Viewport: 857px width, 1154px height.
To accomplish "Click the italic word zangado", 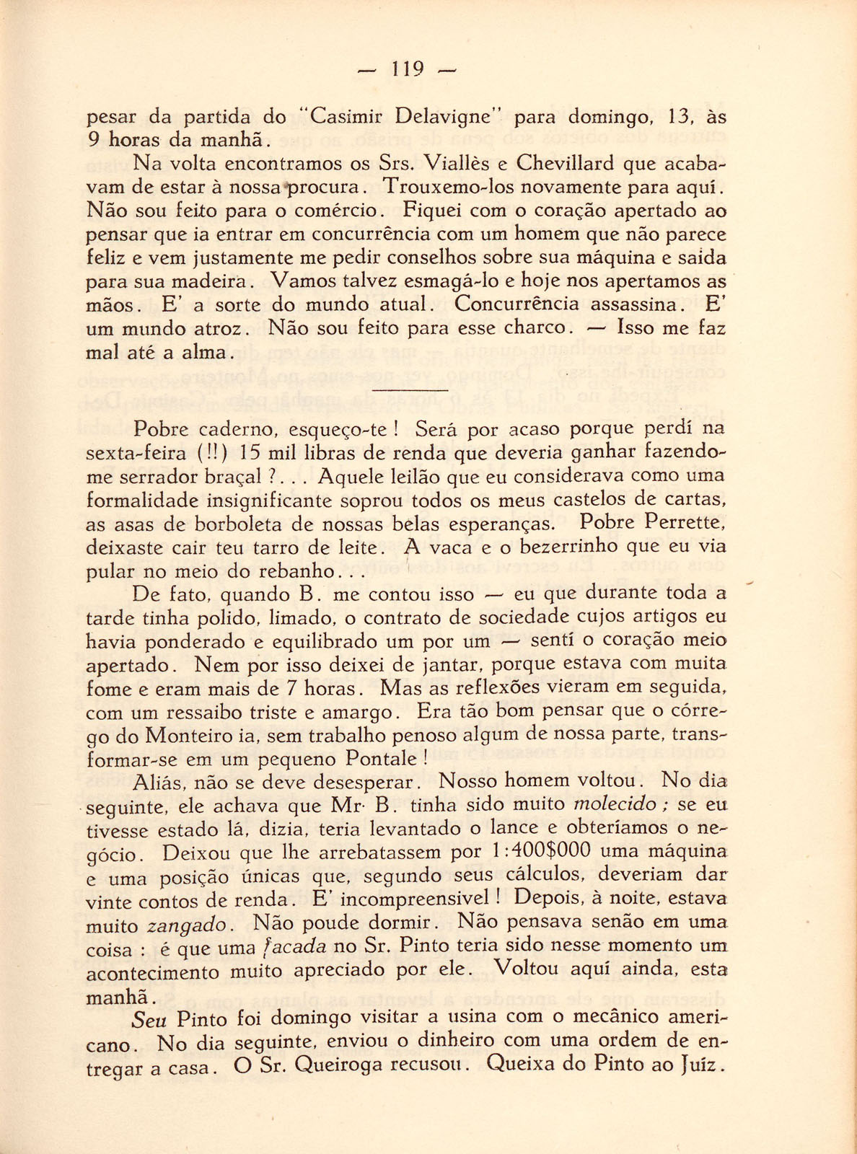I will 190,925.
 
